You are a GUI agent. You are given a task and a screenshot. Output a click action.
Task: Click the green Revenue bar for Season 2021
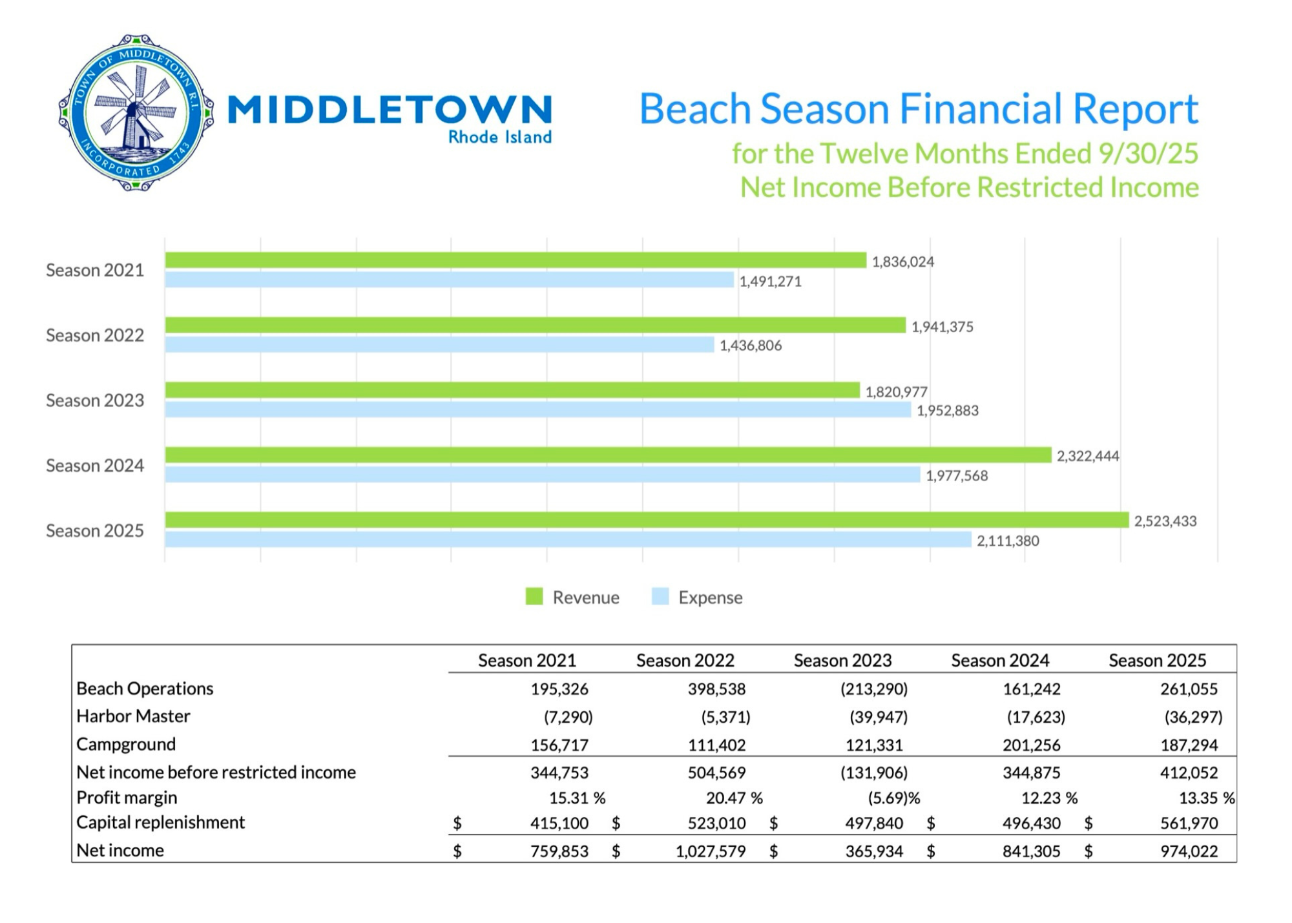pos(516,260)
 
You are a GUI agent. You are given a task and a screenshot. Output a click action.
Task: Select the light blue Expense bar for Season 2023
pos(537,410)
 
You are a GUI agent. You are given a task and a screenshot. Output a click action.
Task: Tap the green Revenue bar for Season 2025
pos(646,520)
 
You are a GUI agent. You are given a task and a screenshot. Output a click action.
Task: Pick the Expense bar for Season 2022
pos(439,345)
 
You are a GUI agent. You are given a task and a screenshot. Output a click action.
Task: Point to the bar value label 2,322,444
pos(1087,456)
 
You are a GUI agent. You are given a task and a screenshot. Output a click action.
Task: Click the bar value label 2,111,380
pos(1007,541)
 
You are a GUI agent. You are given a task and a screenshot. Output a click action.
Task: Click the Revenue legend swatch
pos(534,597)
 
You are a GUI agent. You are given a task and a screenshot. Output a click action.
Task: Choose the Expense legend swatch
pos(660,597)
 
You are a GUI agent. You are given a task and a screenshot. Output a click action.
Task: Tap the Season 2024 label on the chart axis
pos(95,466)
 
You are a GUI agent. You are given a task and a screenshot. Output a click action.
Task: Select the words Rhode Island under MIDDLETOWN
pos(499,138)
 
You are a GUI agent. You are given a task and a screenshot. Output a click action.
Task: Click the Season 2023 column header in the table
pos(842,660)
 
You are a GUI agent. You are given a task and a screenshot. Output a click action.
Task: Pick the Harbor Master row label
pos(133,716)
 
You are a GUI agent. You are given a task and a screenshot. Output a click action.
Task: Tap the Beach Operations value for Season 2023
pos(873,689)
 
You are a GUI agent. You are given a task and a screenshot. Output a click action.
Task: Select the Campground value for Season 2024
pos(1031,745)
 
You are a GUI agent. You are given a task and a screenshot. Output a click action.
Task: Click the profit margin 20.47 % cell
pos(734,798)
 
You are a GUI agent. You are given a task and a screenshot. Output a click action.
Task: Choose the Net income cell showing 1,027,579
pos(710,851)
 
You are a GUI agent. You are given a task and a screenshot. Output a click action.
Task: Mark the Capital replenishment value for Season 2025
pos(1189,824)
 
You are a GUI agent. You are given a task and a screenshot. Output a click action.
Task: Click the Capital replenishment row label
pos(160,822)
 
